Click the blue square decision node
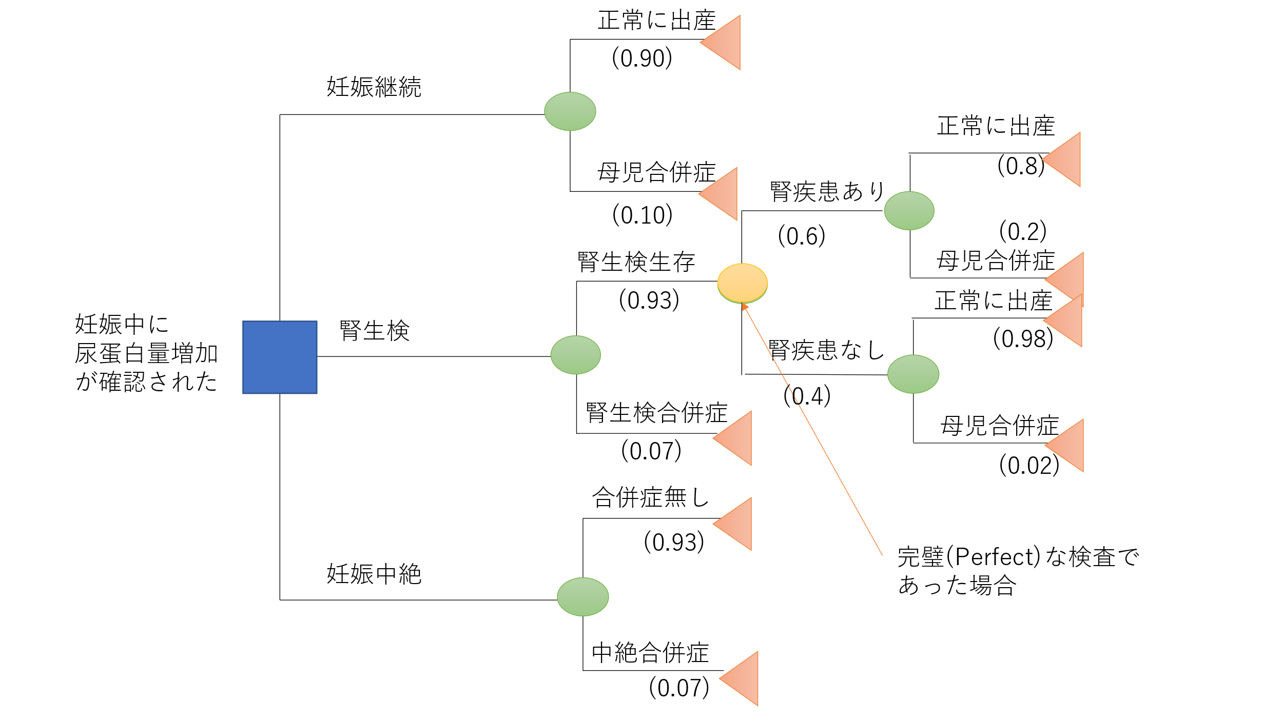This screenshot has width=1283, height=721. tap(280, 357)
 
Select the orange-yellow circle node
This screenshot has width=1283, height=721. tap(742, 283)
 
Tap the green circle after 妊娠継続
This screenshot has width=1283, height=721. tap(570, 111)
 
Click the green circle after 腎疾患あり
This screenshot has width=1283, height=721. tap(909, 211)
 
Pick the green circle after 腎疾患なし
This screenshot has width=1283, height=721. tap(913, 374)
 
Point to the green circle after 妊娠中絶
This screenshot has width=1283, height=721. tap(582, 596)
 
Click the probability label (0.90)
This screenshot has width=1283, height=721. tap(641, 58)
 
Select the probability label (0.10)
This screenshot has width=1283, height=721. tap(642, 215)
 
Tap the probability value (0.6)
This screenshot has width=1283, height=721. tap(801, 236)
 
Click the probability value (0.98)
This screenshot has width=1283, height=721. tap(1023, 338)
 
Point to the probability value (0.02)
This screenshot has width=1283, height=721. tap(1029, 465)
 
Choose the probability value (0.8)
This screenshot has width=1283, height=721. tap(1021, 166)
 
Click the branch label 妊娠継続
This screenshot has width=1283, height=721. tap(374, 87)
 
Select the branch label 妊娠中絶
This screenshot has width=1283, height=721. tap(374, 574)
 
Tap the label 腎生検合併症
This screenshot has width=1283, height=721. tap(656, 413)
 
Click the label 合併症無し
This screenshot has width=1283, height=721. tap(650, 497)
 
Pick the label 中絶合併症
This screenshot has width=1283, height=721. tap(650, 653)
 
